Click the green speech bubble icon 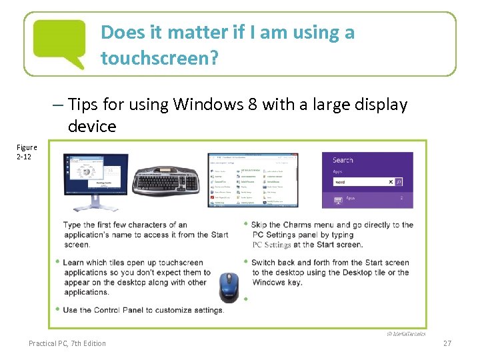59,43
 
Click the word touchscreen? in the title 159,58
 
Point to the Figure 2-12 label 27,151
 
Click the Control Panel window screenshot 253,180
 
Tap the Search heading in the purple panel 343,160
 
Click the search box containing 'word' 363,181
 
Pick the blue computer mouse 229,287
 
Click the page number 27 447,343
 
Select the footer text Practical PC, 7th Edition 67,343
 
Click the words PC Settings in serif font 271,245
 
